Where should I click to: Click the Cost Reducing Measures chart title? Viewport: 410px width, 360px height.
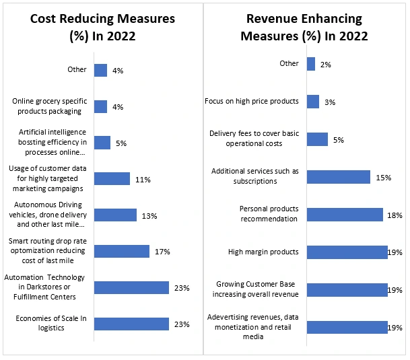pyautogui.click(x=102, y=26)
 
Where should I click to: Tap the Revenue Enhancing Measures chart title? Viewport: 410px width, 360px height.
pyautogui.click(x=304, y=26)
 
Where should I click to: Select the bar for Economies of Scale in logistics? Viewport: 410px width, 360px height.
pyautogui.click(x=131, y=324)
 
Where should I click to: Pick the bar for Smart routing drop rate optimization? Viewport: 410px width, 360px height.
pyautogui.click(x=122, y=251)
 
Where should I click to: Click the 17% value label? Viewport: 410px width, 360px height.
pyautogui.click(x=162, y=251)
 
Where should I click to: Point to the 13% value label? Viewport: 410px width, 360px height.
pyautogui.click(x=149, y=215)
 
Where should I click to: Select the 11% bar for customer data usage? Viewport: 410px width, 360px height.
pyautogui.click(x=112, y=179)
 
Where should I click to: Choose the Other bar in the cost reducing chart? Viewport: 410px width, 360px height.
pyautogui.click(x=100, y=70)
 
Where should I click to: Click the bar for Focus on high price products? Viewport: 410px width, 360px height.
pyautogui.click(x=312, y=102)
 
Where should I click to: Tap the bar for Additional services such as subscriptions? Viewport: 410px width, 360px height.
pyautogui.click(x=338, y=177)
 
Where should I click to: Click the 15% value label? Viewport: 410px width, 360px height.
pyautogui.click(x=384, y=177)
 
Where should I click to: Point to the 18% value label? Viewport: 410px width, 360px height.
pyautogui.click(x=395, y=215)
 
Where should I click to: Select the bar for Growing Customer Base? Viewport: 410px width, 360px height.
pyautogui.click(x=347, y=290)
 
